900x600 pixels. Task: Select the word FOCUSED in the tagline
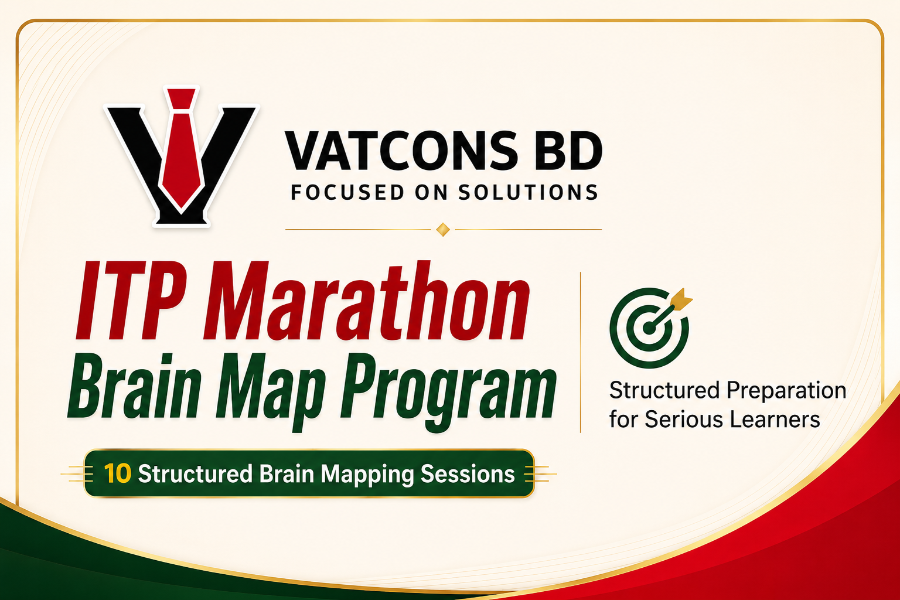347,192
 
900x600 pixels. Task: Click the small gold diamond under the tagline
443,230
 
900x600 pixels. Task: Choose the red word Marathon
366,301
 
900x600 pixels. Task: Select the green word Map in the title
270,392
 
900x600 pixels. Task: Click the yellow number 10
117,473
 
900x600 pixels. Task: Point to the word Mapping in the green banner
367,475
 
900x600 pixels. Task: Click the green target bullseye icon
649,328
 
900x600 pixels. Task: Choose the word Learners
774,420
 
